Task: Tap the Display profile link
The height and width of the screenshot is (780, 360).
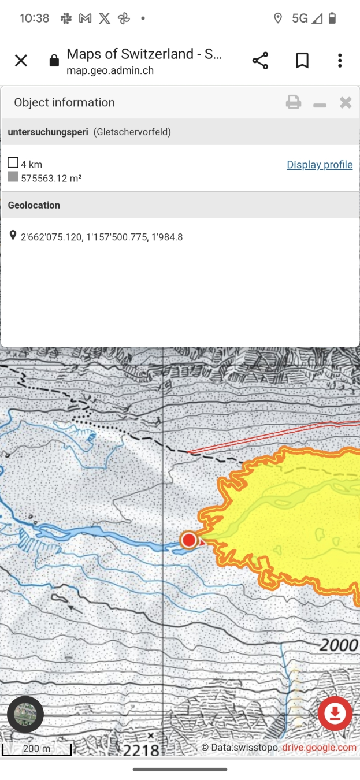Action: pyautogui.click(x=320, y=165)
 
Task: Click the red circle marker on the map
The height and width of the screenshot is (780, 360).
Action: pyautogui.click(x=188, y=540)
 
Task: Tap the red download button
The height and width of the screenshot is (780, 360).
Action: pyautogui.click(x=335, y=714)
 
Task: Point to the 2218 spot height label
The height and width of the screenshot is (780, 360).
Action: pyautogui.click(x=141, y=750)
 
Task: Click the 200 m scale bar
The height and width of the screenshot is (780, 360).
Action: pyautogui.click(x=36, y=749)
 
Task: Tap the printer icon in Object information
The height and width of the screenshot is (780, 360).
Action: pyautogui.click(x=294, y=103)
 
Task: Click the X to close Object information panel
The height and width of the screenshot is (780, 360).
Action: pyautogui.click(x=346, y=103)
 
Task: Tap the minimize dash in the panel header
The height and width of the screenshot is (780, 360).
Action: pyautogui.click(x=320, y=105)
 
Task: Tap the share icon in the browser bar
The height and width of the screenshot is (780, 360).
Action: pyautogui.click(x=260, y=61)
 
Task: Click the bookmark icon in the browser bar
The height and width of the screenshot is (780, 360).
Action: pyautogui.click(x=302, y=61)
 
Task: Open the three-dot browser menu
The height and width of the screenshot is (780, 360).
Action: pyautogui.click(x=340, y=61)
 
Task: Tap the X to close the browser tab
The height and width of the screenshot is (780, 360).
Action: pyautogui.click(x=21, y=61)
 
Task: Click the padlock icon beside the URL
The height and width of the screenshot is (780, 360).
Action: pyautogui.click(x=54, y=61)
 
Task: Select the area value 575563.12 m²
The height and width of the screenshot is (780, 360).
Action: pyautogui.click(x=51, y=178)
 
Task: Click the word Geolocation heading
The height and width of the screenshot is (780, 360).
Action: pyautogui.click(x=34, y=205)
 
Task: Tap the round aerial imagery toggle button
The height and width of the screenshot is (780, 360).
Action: pyautogui.click(x=25, y=714)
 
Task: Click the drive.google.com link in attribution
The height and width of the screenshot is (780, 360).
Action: pyautogui.click(x=319, y=748)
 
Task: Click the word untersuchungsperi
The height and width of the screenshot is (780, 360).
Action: pyautogui.click(x=48, y=132)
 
